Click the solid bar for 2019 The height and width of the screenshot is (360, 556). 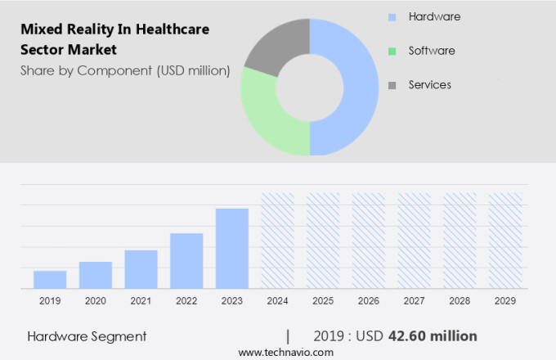(50, 279)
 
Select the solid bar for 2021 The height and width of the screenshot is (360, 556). (141, 269)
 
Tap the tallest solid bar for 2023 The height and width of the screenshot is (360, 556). (232, 248)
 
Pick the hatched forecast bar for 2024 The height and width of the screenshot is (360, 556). (277, 241)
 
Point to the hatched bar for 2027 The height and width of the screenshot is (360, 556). (414, 241)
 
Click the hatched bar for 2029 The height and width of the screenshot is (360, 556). (505, 241)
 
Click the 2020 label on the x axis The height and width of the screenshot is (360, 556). (95, 301)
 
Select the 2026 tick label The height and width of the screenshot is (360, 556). (369, 301)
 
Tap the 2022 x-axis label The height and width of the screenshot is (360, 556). (186, 301)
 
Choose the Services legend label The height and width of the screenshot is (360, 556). (429, 84)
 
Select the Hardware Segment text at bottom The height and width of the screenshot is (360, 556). (87, 336)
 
